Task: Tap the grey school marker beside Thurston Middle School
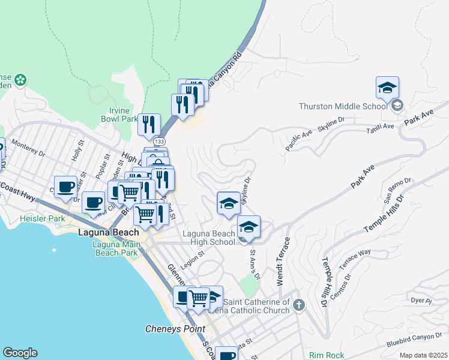[397, 106]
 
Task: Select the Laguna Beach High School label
[209, 238]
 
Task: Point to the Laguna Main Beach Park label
[118, 248]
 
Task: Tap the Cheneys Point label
[175, 329]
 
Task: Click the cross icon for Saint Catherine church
[299, 307]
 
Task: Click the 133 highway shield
[159, 141]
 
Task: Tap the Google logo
[20, 353]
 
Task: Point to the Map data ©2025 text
[423, 355]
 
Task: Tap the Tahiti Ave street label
[381, 127]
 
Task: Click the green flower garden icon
[20, 79]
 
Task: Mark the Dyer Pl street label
[421, 300]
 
